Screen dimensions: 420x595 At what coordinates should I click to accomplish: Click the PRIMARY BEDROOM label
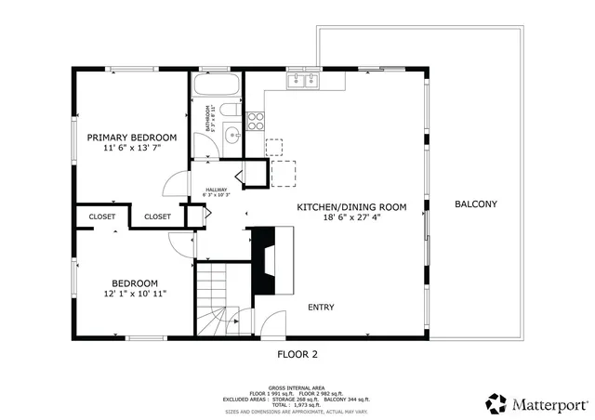pos(131,138)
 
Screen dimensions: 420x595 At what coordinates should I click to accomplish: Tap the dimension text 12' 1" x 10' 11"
pos(135,295)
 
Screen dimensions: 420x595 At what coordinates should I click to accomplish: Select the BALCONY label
pos(475,204)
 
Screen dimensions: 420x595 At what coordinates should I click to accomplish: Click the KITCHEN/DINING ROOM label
pos(351,207)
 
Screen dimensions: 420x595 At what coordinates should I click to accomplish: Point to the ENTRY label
pos(321,308)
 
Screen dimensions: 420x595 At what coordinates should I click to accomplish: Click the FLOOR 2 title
pos(297,354)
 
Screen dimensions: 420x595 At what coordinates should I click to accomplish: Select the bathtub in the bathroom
pos(217,86)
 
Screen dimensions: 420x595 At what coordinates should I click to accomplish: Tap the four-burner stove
pos(257,119)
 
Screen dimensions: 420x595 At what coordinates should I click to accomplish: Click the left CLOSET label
pos(102,217)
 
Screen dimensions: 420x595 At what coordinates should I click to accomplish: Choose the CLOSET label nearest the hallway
pos(157,217)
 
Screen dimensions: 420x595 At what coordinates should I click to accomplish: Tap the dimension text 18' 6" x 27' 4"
pos(351,217)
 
